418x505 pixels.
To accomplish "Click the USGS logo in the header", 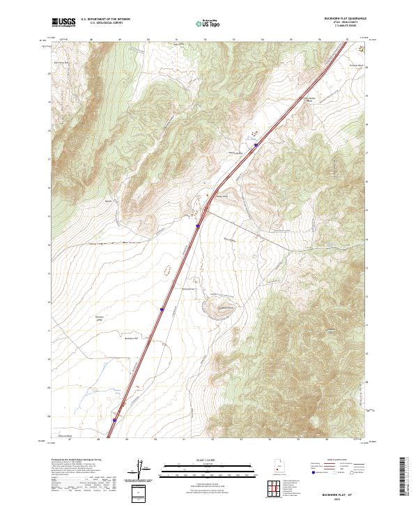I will (x=63, y=22).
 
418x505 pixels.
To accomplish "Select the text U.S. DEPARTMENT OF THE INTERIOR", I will (x=105, y=20).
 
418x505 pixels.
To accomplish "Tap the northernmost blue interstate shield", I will (x=256, y=145).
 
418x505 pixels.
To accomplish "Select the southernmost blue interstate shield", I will (x=114, y=420).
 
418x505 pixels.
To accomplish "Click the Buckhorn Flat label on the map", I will (x=132, y=339).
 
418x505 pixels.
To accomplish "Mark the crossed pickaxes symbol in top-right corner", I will (x=361, y=49).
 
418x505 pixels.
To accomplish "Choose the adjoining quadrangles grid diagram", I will (x=276, y=488).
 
